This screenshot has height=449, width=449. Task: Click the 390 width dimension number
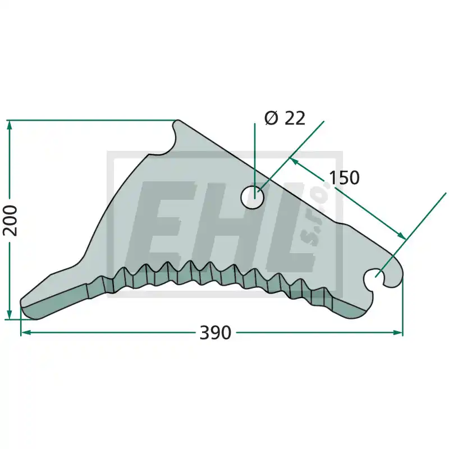[215, 333]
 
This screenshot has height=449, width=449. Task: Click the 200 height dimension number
[11, 220]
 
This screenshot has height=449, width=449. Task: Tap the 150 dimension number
[345, 177]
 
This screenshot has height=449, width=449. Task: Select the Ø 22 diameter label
[285, 118]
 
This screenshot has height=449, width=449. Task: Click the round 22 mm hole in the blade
[252, 198]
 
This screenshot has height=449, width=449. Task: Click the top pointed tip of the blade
[178, 121]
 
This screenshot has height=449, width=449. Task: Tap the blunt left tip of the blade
[22, 303]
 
